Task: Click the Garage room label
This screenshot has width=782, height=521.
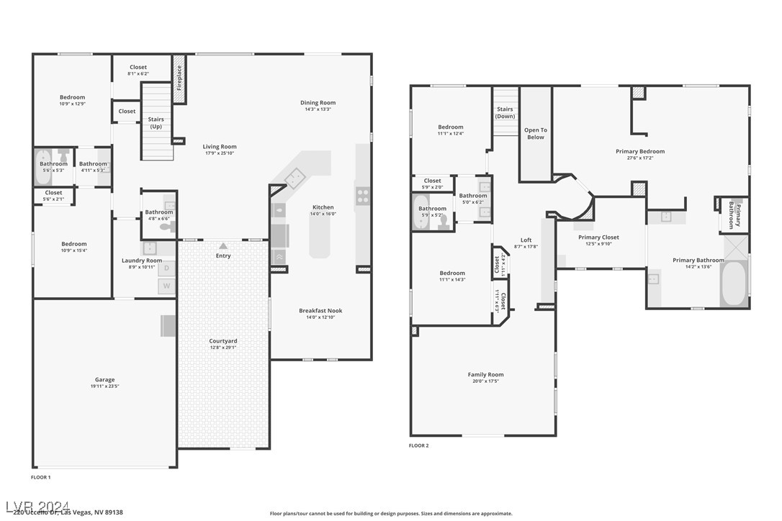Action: pyautogui.click(x=104, y=380)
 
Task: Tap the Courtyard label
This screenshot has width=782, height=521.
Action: pyautogui.click(x=223, y=341)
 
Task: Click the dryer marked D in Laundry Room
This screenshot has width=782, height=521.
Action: pyautogui.click(x=167, y=268)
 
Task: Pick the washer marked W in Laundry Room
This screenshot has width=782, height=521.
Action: pyautogui.click(x=167, y=286)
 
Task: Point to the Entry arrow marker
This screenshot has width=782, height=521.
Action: pyautogui.click(x=223, y=246)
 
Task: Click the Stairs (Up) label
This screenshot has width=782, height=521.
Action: pyautogui.click(x=156, y=123)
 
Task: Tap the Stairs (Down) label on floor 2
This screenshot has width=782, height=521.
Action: pyautogui.click(x=505, y=113)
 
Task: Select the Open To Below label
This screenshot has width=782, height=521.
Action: pyautogui.click(x=535, y=134)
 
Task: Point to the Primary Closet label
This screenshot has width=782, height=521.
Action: pyautogui.click(x=598, y=237)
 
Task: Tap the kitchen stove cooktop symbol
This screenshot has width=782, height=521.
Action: pyautogui.click(x=363, y=193)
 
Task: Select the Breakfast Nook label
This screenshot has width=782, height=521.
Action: pyautogui.click(x=320, y=311)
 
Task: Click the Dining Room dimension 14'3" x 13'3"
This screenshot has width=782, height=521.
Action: pyautogui.click(x=318, y=109)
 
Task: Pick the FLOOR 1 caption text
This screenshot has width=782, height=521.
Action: pyautogui.click(x=41, y=477)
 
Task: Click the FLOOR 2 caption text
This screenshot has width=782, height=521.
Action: pyautogui.click(x=418, y=445)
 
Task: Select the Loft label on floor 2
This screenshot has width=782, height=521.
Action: pyautogui.click(x=526, y=240)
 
